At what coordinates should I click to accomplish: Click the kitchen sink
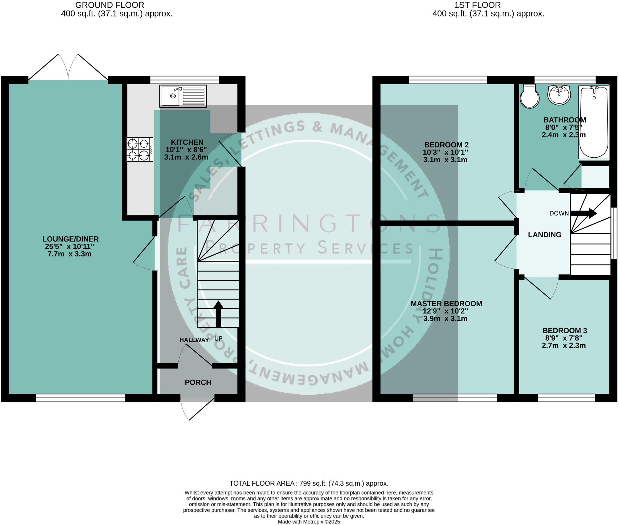(x=183, y=96)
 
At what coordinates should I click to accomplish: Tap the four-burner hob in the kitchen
(x=140, y=149)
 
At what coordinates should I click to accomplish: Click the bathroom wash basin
(x=559, y=95)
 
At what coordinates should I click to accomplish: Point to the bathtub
(x=594, y=122)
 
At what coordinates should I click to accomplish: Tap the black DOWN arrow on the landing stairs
(x=584, y=213)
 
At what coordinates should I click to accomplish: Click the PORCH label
(x=198, y=383)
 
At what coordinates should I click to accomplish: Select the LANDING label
(x=545, y=235)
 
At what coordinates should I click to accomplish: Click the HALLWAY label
(x=194, y=340)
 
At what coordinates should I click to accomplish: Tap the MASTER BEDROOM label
(x=446, y=304)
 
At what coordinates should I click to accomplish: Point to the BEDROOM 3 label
(x=565, y=330)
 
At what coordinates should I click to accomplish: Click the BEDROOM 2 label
(x=446, y=145)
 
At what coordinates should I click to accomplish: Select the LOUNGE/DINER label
(x=71, y=239)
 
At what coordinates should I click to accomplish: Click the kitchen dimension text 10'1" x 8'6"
(x=186, y=150)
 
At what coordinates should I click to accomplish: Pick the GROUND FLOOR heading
(x=110, y=5)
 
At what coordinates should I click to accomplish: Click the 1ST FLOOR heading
(x=477, y=5)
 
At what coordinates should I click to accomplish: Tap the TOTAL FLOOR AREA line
(x=309, y=483)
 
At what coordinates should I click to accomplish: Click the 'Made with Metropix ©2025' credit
(x=309, y=522)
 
